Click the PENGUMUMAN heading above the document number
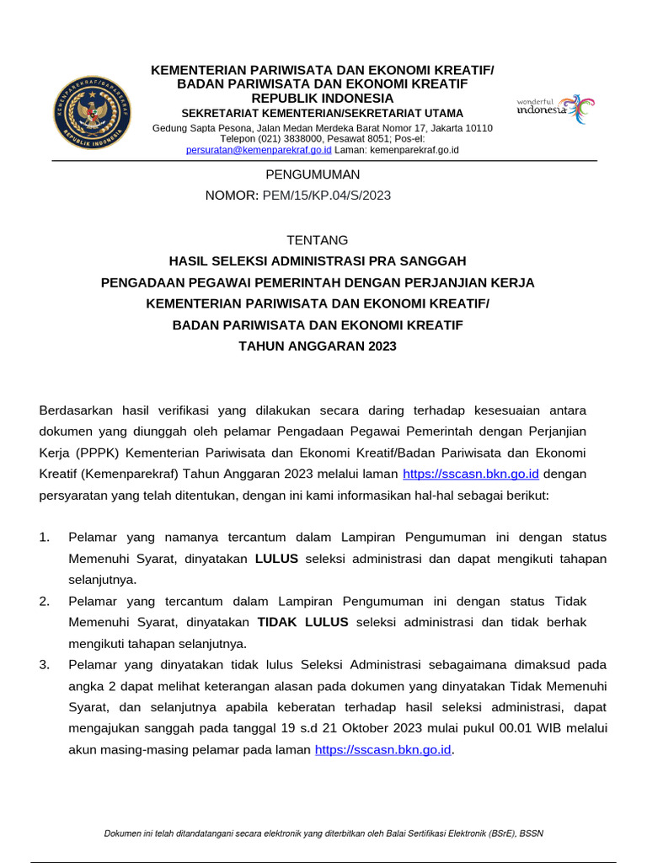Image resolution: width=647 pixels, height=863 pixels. pos(313,174)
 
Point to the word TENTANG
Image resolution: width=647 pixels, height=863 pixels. pos(317,240)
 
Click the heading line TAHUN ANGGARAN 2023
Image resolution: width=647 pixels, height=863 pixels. pos(317,346)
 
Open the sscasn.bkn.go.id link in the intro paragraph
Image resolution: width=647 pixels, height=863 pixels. pos(471,474)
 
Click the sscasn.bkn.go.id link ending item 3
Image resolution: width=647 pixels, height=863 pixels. pos(383,749)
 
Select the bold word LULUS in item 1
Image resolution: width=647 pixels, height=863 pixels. pos(276,559)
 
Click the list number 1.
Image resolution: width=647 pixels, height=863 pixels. pos(45,538)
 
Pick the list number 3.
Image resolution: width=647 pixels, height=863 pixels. pos(45,665)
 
